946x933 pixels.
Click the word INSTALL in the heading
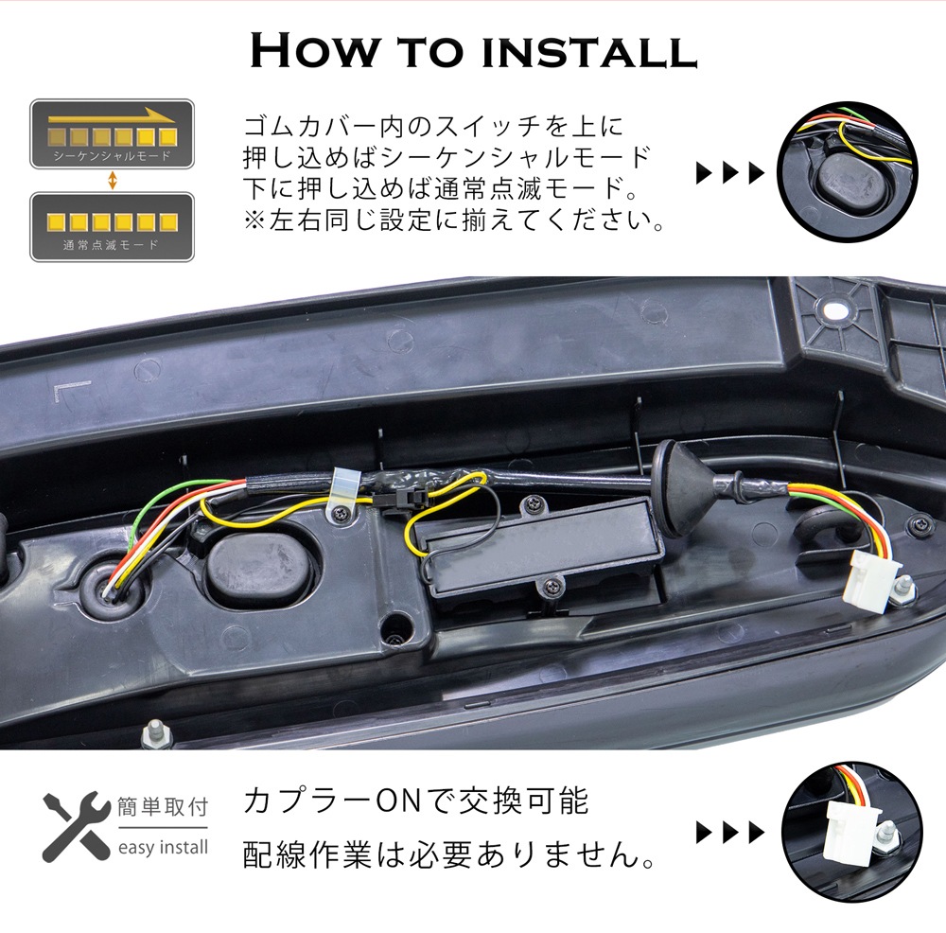[x=589, y=51]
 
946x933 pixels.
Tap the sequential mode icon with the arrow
[x=113, y=134]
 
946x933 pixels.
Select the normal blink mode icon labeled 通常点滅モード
[x=113, y=227]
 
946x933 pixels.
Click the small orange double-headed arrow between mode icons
[x=113, y=181]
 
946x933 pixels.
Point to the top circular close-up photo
[x=847, y=172]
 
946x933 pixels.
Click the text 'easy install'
[x=163, y=847]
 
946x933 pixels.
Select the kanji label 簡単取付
[x=163, y=807]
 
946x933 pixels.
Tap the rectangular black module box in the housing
[x=539, y=547]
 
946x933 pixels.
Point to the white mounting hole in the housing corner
[x=834, y=311]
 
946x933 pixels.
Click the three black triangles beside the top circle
[x=730, y=172]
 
